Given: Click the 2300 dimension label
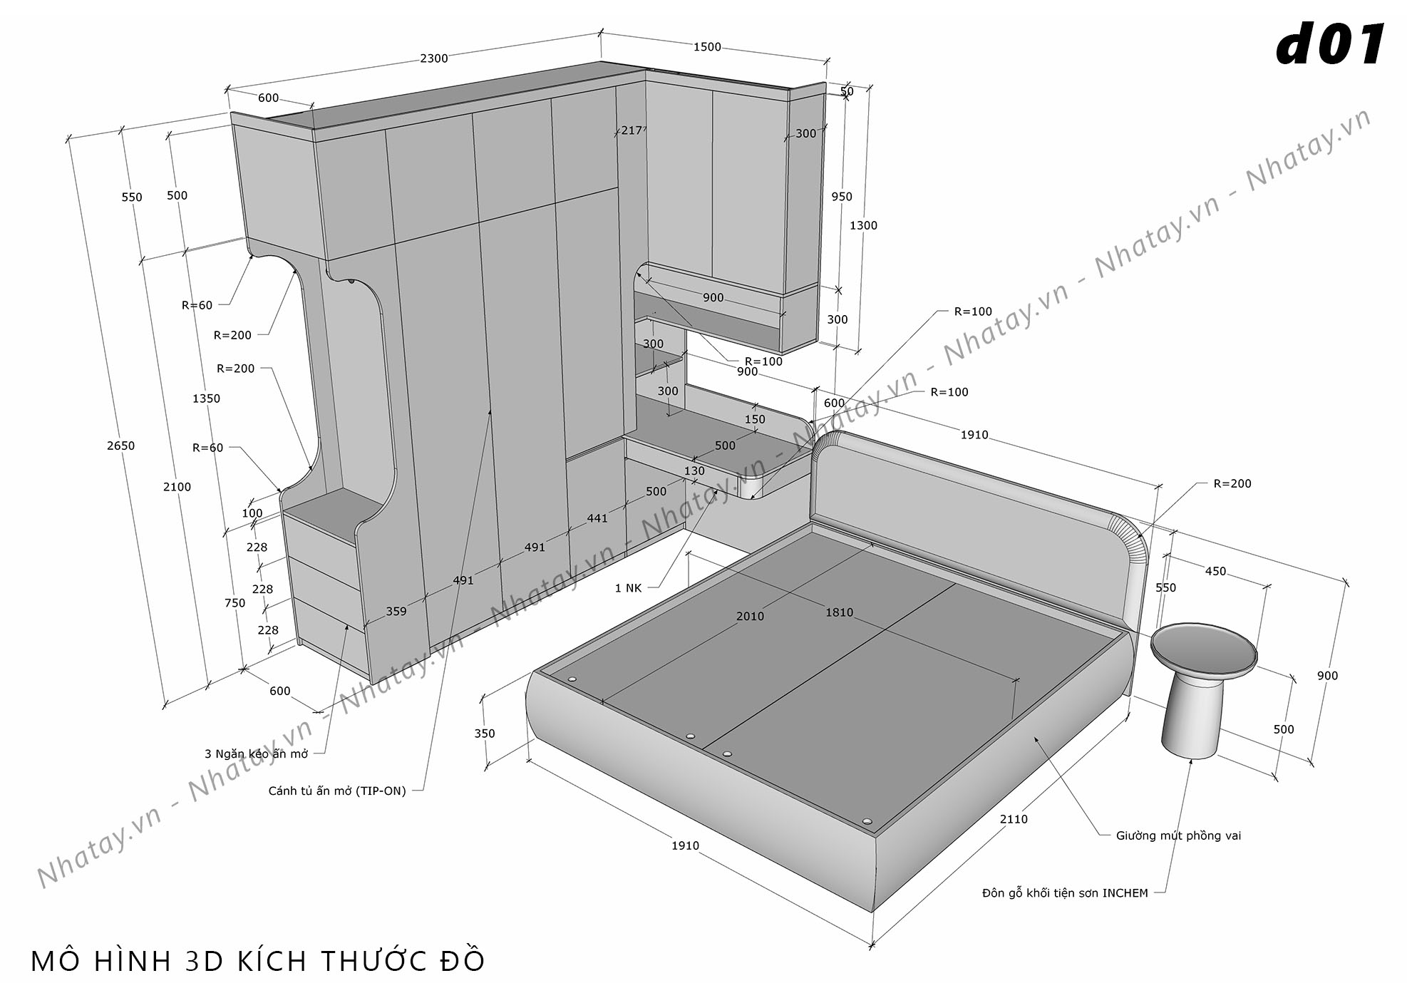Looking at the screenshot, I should (x=433, y=58).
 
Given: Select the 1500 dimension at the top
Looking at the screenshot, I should (x=707, y=47).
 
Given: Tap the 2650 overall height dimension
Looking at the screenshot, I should (x=120, y=446).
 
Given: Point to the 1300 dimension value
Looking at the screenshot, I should (x=863, y=225).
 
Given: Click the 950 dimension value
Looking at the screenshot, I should (x=841, y=197).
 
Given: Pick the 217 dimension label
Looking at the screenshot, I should (x=632, y=130).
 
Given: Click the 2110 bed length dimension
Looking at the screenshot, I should (x=1013, y=819).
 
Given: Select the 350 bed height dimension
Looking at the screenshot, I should (x=484, y=734).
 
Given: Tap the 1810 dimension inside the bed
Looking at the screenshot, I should (x=839, y=612).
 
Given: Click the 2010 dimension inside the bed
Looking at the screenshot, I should (x=750, y=617).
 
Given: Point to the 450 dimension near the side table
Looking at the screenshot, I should (x=1215, y=571).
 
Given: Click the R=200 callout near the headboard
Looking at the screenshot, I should (x=1232, y=483).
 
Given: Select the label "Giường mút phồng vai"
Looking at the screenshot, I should (x=1178, y=835).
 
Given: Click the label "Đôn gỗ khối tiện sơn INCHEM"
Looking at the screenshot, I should (x=1065, y=893).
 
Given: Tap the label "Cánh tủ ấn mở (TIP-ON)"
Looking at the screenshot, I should (x=337, y=791).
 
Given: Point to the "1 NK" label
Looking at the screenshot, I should (x=628, y=588).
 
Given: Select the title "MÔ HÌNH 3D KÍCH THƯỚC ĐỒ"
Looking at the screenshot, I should (x=258, y=961).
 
